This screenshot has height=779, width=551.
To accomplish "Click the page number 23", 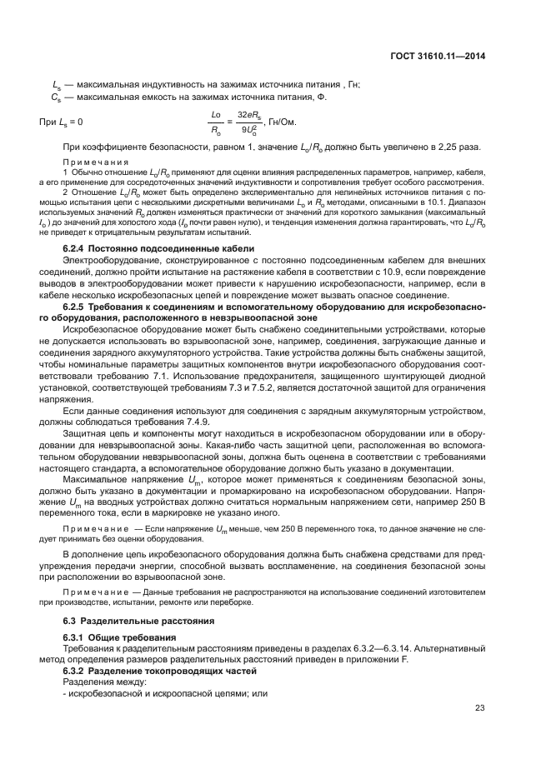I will click(x=480, y=709).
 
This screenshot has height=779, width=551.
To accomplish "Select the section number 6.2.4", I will click(x=77, y=250).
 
